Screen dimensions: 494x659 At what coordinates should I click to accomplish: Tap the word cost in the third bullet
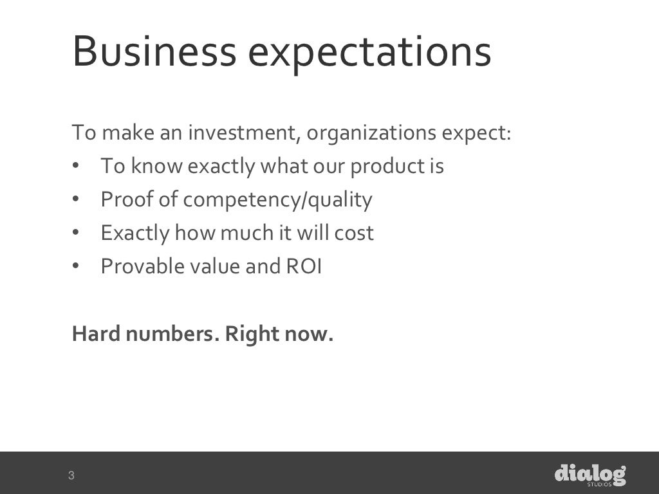point(354,233)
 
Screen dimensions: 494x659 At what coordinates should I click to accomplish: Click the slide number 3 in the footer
point(71,476)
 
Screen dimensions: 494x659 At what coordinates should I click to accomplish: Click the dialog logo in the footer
point(590,475)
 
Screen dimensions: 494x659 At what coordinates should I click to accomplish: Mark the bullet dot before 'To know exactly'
point(76,167)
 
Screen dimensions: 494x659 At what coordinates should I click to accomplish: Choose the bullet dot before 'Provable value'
point(76,266)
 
